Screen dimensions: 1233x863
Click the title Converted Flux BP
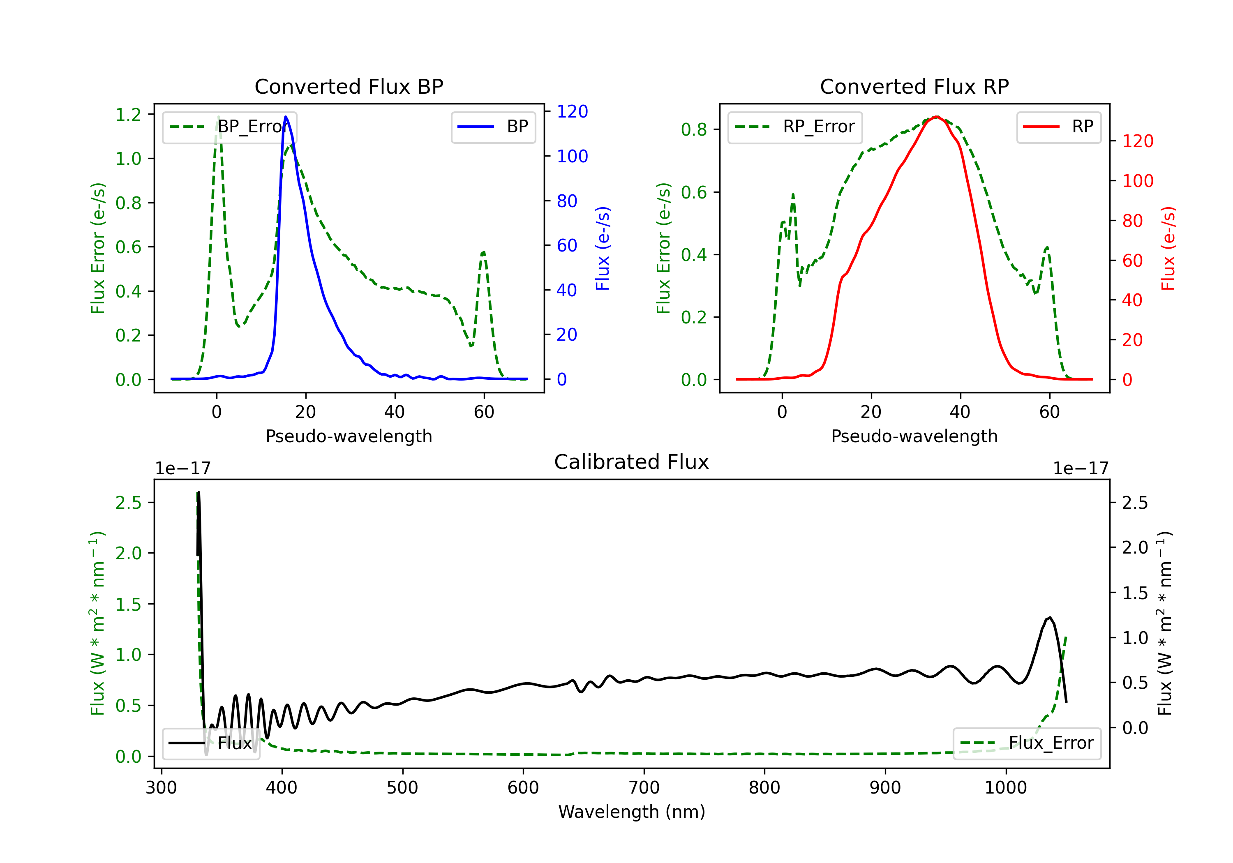[x=349, y=86]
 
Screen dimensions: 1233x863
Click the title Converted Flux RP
[x=914, y=86]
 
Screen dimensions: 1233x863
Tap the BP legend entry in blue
[x=493, y=127]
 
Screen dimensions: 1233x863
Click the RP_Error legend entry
[x=795, y=127]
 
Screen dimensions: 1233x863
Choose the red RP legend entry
[x=1058, y=127]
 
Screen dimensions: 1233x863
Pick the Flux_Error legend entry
[x=1027, y=743]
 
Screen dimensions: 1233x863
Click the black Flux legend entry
[x=211, y=743]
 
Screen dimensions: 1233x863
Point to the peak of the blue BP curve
[x=285, y=117]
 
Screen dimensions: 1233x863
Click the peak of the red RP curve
[x=936, y=117]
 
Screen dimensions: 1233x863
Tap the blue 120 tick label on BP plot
[x=572, y=112]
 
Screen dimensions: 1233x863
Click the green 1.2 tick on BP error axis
[x=128, y=114]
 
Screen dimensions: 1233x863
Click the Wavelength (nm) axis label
[x=632, y=812]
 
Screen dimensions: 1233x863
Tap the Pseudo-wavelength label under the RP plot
[x=914, y=436]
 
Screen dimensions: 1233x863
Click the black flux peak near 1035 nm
[x=1050, y=618]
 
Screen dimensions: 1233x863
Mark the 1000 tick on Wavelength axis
[x=1005, y=788]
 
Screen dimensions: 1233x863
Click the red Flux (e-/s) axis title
[x=1168, y=249]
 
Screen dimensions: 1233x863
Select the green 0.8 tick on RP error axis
[x=694, y=129]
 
